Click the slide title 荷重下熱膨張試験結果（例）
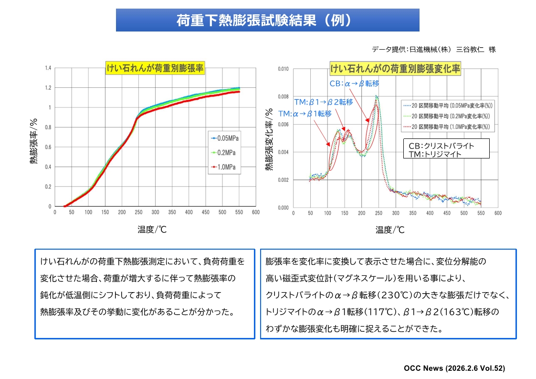[x=267, y=20]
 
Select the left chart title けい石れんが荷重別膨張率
[x=155, y=69]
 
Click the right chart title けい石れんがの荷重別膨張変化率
[x=395, y=69]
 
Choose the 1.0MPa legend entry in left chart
[x=225, y=167]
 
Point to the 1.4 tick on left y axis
[x=48, y=68]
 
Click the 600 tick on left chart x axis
[x=256, y=212]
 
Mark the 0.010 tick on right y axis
[x=283, y=69]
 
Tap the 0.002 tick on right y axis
[x=283, y=180]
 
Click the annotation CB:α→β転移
[x=354, y=84]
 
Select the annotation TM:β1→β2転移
[x=323, y=102]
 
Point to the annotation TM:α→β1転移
[x=305, y=114]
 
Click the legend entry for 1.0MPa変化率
[x=448, y=126]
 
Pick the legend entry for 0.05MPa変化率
[x=448, y=105]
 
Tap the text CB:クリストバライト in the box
[x=441, y=146]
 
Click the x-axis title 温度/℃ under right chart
[x=390, y=230]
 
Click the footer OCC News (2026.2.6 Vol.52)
[x=454, y=368]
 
